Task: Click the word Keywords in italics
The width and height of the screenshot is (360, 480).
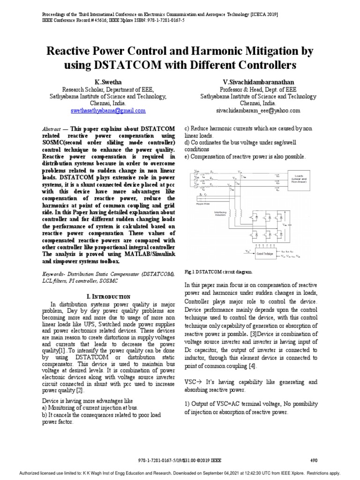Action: pyautogui.click(x=54, y=274)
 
